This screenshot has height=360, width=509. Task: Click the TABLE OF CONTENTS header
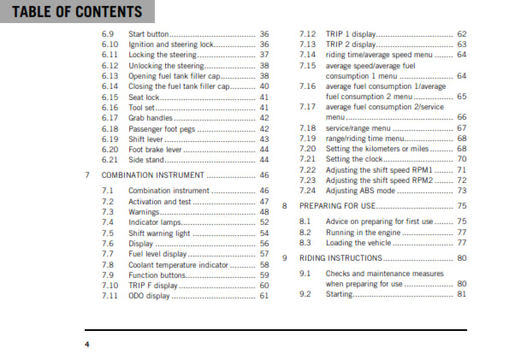pyautogui.click(x=72, y=12)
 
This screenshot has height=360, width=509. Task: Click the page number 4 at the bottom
pyautogui.click(x=86, y=344)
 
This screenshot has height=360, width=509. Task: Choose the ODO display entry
pyautogui.click(x=152, y=296)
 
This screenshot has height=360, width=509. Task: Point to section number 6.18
pyautogui.click(x=109, y=128)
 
